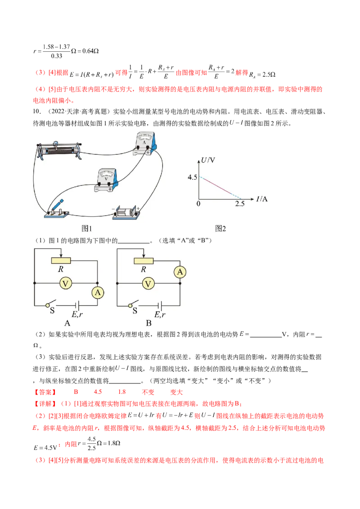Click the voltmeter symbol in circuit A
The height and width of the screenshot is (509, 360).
point(65,283)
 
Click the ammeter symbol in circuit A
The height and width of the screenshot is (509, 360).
point(98,293)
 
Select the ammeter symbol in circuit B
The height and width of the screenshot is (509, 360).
point(180,272)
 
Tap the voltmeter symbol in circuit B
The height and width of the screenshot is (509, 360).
point(148,283)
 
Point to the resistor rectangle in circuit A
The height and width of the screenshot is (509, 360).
point(61,260)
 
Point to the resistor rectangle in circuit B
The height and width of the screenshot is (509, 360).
point(144,260)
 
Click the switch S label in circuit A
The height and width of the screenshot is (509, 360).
point(52,311)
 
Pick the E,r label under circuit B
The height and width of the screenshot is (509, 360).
point(160,314)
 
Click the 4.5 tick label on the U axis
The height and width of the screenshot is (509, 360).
point(192,177)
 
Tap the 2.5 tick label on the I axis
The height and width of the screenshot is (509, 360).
point(240,204)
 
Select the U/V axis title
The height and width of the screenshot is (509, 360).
point(208,160)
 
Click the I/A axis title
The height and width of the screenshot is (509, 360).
point(261,199)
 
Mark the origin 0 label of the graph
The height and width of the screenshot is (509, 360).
point(198,204)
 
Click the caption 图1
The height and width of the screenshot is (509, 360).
point(86,228)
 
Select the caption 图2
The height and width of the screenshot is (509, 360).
point(220,228)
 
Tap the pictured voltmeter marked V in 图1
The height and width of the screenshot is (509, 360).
point(106,180)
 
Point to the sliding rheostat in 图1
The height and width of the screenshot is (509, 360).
point(58,150)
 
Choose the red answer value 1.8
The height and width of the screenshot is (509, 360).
point(122,392)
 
